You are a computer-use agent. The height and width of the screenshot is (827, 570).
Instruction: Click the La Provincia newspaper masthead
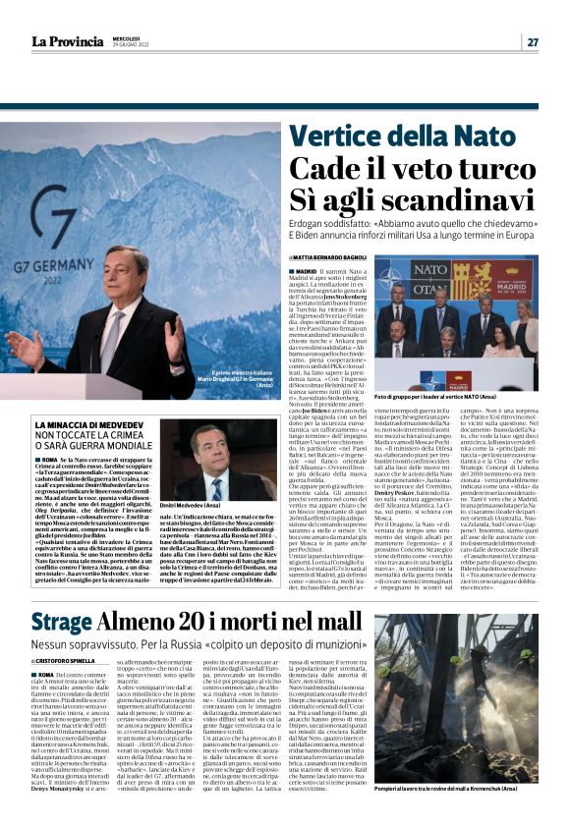68,40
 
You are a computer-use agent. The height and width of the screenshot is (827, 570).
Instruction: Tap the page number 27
532,41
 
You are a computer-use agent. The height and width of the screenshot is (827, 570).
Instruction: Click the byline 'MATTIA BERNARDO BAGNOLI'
362,256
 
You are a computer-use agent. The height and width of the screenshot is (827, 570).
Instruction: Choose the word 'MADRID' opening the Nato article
333,270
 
